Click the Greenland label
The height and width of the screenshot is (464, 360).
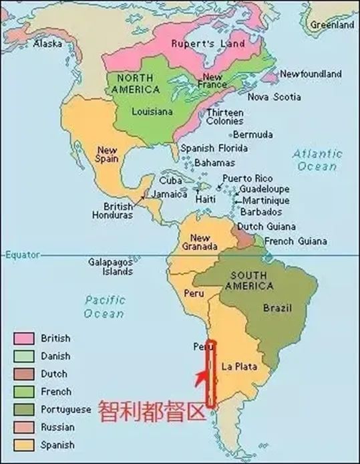[332, 25]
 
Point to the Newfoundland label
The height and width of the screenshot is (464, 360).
[311, 74]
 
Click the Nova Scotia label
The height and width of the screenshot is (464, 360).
[274, 97]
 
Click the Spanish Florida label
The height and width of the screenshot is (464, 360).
[208, 148]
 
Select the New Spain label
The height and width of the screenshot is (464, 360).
[107, 154]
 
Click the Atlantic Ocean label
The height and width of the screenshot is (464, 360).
[317, 160]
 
